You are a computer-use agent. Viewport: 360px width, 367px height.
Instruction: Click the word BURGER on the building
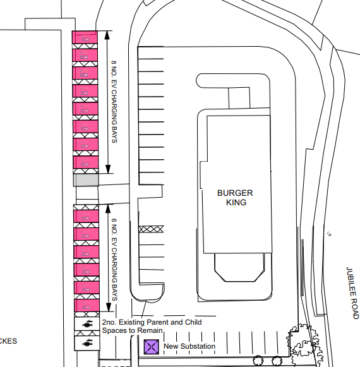point(236,193)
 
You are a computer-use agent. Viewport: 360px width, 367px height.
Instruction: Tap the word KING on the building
point(236,203)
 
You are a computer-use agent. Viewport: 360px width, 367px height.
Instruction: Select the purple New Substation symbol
point(151,346)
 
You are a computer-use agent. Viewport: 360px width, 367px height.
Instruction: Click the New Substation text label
point(189,346)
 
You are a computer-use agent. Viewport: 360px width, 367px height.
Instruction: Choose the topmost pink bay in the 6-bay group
point(87,217)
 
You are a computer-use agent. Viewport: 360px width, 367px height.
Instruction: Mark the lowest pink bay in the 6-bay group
point(87,305)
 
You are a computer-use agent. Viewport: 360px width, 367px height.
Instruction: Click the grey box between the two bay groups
point(86,181)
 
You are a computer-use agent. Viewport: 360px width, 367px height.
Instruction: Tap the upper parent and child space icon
point(87,324)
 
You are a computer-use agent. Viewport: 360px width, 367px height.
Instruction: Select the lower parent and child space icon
point(87,343)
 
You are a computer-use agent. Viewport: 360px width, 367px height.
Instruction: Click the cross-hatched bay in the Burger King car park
point(151,229)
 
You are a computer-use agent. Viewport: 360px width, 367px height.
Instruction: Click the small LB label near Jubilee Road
point(329,235)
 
